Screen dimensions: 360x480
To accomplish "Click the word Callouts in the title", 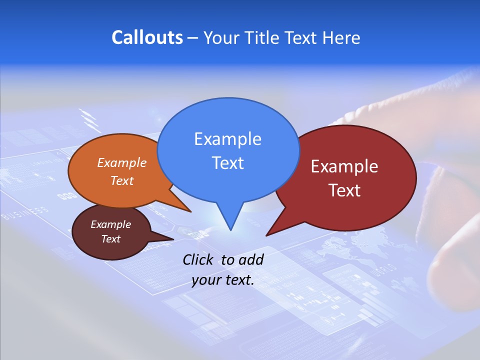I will point(147,37).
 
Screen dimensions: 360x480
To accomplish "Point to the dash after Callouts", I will point(193,38).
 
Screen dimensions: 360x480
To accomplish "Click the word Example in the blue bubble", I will point(227,139).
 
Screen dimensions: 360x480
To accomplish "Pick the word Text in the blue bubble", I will point(227,163).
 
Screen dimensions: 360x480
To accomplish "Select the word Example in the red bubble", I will point(344,166).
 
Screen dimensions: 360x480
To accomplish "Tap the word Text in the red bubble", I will point(344,190).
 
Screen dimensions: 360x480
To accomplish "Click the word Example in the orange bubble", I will point(122,163).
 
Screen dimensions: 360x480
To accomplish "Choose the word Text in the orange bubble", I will point(122,180).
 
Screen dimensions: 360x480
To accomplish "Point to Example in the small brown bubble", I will point(110,224).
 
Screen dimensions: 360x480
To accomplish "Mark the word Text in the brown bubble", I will point(110,239).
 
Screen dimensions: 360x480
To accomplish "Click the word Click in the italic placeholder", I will point(199,259).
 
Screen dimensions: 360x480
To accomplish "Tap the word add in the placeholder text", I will point(251,259).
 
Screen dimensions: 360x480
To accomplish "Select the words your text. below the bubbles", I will point(223,280).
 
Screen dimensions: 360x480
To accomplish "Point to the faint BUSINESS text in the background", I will point(25,213).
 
